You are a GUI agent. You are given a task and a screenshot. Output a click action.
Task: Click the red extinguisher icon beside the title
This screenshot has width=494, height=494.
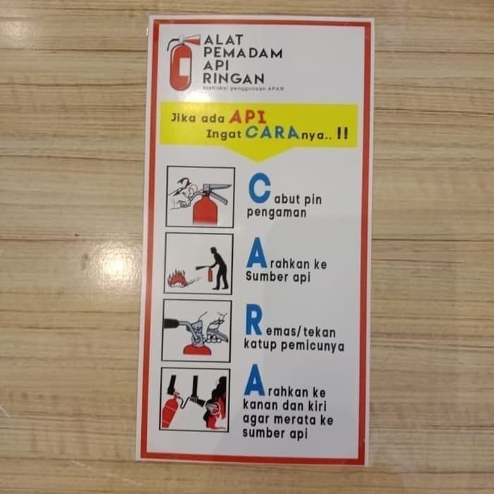[x=181, y=63]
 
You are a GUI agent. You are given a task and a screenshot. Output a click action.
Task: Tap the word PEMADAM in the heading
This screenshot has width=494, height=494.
[x=242, y=52]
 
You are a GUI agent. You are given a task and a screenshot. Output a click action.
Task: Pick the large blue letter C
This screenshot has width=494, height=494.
[x=260, y=188]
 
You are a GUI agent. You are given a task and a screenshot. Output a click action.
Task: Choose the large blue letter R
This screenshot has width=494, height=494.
[x=254, y=323]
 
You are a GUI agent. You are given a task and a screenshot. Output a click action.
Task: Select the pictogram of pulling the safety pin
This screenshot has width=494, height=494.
[x=200, y=197]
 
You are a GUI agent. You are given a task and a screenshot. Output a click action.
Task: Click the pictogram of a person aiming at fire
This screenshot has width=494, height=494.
[x=198, y=264]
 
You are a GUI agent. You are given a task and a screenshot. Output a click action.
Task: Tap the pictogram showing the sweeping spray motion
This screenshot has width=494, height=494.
[x=195, y=399]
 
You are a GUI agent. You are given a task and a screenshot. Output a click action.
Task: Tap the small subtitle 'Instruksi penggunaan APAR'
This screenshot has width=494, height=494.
[x=243, y=90]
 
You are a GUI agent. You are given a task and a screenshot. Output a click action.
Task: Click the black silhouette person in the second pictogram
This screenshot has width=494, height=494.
[x=219, y=268]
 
